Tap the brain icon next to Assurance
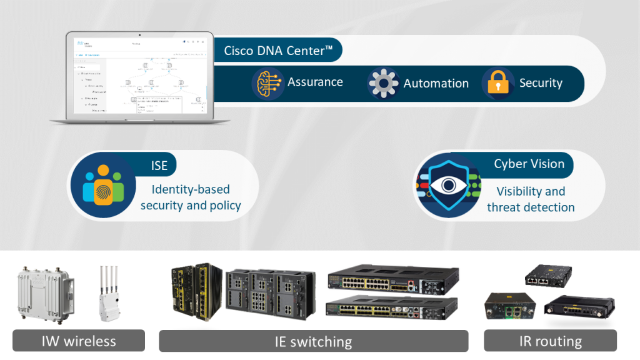click(267, 84)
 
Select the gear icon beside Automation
click(383, 84)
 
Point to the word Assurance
click(315, 82)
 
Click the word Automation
click(436, 83)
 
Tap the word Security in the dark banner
click(541, 83)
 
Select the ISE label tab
click(159, 164)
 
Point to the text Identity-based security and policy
click(191, 197)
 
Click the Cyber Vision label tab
click(529, 164)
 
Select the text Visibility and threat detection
click(531, 199)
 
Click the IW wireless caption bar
click(79, 341)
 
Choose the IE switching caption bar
click(313, 341)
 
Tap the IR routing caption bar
click(550, 341)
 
